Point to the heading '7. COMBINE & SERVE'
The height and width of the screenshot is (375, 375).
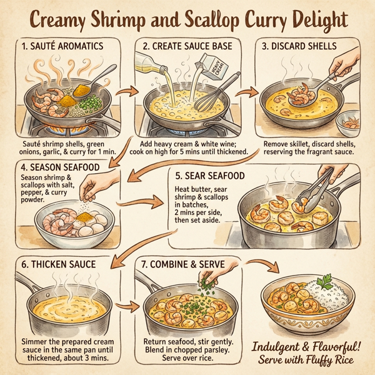(181, 264)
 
